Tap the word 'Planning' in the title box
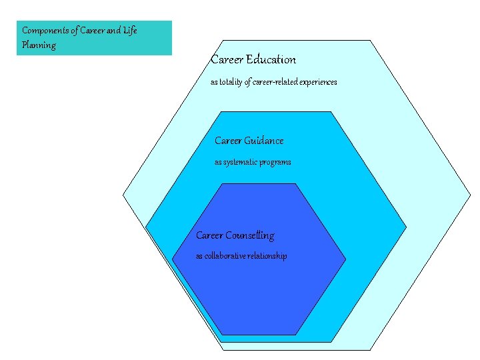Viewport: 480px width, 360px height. click(39, 45)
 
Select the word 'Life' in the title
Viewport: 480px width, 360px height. click(130, 31)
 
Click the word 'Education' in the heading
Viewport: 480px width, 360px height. click(271, 59)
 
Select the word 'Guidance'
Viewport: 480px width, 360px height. click(264, 141)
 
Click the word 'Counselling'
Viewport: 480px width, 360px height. click(249, 235)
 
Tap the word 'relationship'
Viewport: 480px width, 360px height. click(267, 256)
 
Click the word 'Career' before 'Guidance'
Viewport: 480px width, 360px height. click(228, 141)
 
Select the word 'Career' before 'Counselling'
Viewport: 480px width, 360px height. click(209, 235)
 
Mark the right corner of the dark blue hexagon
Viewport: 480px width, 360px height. click(345, 259)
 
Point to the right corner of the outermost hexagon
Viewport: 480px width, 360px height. click(471, 195)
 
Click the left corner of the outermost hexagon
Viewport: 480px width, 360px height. click(123, 195)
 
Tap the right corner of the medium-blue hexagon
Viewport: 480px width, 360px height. click(406, 227)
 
